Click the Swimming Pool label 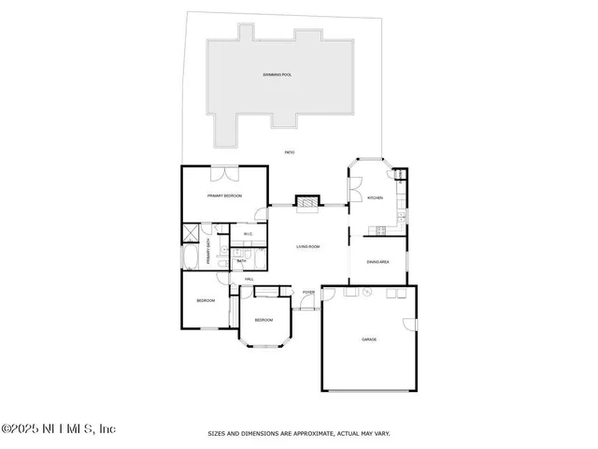pyautogui.click(x=278, y=74)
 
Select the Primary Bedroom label pyautogui.click(x=225, y=196)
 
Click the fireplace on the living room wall pyautogui.click(x=306, y=202)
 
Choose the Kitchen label pyautogui.click(x=375, y=198)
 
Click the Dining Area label pyautogui.click(x=377, y=262)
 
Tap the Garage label pyautogui.click(x=370, y=340)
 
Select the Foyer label pyautogui.click(x=308, y=293)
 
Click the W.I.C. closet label pyautogui.click(x=249, y=235)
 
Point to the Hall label pyautogui.click(x=249, y=280)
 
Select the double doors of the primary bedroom pyautogui.click(x=223, y=171)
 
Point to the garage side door pyautogui.click(x=409, y=325)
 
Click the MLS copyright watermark pyautogui.click(x=58, y=428)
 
